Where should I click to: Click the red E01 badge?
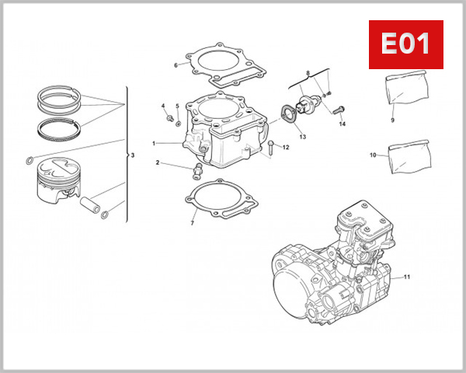[x=404, y=44]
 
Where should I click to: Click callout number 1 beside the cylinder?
[x=155, y=143]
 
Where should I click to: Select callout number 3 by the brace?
[x=133, y=155]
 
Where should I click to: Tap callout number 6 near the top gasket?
[x=176, y=65]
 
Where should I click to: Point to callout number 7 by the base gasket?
[x=192, y=224]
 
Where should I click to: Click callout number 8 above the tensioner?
[x=308, y=73]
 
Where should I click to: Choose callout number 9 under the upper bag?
[x=393, y=120]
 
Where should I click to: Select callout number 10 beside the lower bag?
[x=373, y=155]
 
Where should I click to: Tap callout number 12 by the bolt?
[x=286, y=147]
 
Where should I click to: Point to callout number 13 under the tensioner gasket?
[x=302, y=137]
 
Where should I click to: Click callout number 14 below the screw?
[x=342, y=124]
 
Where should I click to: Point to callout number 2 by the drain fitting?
[x=157, y=163]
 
